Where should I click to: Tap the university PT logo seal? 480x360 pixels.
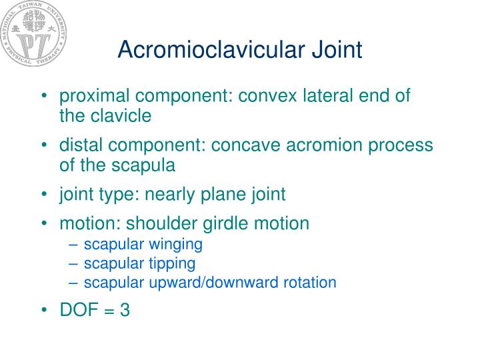[x=33, y=37]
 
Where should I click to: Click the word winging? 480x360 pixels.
[x=178, y=244]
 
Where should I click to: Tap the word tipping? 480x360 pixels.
[x=174, y=263]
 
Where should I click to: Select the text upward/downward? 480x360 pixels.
[x=213, y=283]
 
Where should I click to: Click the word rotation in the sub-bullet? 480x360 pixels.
[x=311, y=283]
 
